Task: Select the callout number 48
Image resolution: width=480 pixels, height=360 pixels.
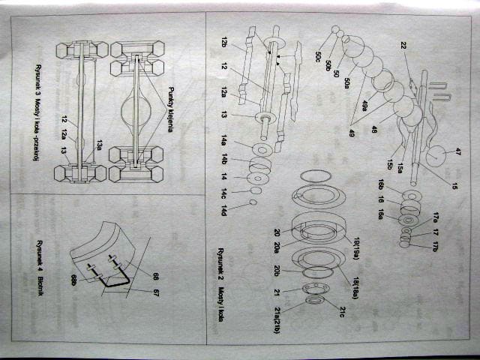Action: (x=374, y=129)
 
